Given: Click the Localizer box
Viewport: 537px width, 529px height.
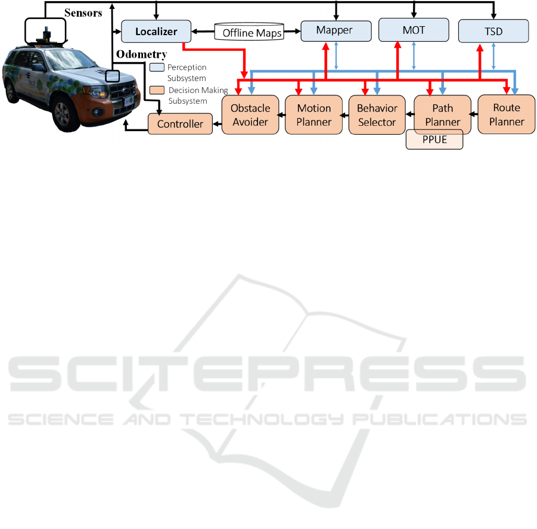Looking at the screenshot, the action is point(156,31).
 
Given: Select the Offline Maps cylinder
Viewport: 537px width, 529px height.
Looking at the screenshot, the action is point(249,32).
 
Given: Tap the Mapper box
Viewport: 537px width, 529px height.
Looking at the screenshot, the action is point(336,31).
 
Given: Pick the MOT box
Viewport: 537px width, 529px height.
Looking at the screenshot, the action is point(414,30).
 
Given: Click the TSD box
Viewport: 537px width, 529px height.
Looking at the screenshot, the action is point(493,31).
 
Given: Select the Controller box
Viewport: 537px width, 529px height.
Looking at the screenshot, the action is point(180,123).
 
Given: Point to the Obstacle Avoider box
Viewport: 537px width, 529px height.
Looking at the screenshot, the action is point(250,115).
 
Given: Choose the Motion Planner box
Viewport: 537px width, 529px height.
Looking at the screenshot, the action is point(313,115).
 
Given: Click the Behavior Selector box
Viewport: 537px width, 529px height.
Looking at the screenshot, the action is point(377,115).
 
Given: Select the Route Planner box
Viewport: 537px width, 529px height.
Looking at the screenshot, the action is point(507,115).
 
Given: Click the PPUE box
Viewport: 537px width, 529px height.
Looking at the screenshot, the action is point(434,140).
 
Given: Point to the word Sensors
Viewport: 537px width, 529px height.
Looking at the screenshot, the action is point(83,13).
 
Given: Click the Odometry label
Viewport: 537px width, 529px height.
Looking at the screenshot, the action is point(141,54).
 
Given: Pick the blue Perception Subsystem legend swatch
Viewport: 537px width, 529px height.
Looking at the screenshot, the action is point(157,67).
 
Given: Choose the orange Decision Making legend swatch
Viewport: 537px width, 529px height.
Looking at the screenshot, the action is point(157,90).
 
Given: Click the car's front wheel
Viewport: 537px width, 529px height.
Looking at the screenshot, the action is point(63,114).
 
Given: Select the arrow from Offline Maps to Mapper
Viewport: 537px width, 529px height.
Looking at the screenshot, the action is point(292,32).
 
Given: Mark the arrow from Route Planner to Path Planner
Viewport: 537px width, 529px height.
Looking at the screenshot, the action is point(474,114).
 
